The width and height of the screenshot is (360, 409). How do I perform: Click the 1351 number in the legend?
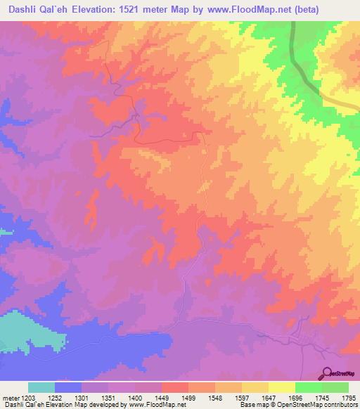pyautogui.click(x=109, y=398)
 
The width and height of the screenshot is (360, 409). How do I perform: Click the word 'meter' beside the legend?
pyautogui.click(x=11, y=398)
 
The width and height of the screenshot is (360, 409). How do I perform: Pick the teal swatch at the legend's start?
pyautogui.click(x=41, y=387)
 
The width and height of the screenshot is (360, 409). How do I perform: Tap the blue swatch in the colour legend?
pyautogui.click(x=68, y=387)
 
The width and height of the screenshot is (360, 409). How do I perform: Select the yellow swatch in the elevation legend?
pyautogui.click(x=282, y=387)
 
